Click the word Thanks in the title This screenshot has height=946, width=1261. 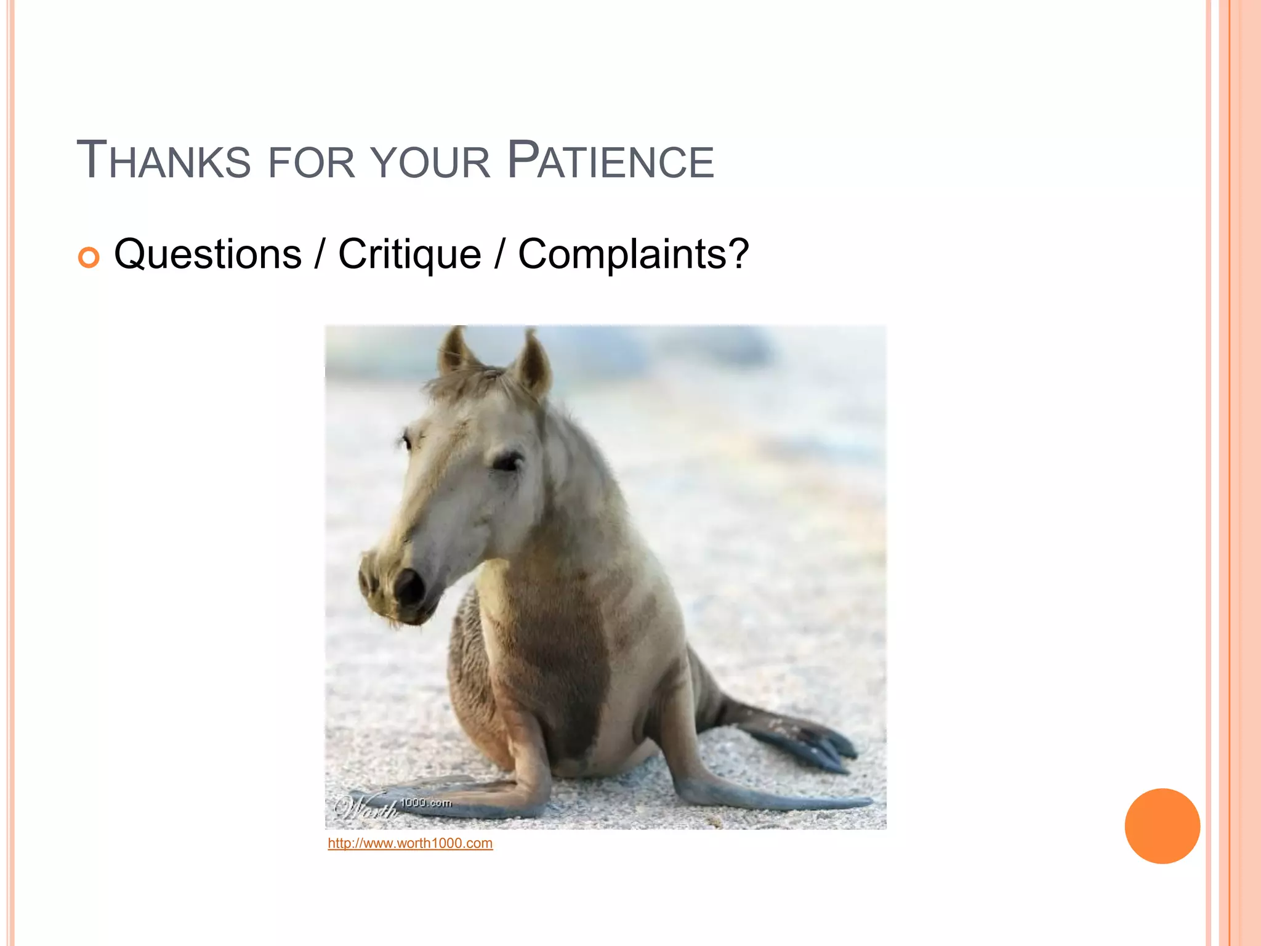pyautogui.click(x=163, y=161)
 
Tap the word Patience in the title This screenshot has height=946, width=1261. pyautogui.click(x=610, y=161)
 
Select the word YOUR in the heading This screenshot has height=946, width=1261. pyautogui.click(x=431, y=163)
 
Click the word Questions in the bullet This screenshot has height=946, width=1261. pyautogui.click(x=207, y=254)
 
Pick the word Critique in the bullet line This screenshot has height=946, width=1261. pyautogui.click(x=409, y=254)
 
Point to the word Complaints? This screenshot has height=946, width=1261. pyautogui.click(x=633, y=254)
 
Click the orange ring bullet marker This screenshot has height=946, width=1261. pyautogui.click(x=89, y=257)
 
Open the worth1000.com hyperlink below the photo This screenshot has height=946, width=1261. pyautogui.click(x=410, y=843)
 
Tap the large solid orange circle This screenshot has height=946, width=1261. pyautogui.click(x=1162, y=826)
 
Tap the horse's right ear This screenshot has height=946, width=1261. pyautogui.click(x=534, y=363)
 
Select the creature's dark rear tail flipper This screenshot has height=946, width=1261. pyautogui.click(x=800, y=739)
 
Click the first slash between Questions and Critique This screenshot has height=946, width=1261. pyautogui.click(x=319, y=254)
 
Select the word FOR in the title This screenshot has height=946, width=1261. pyautogui.click(x=312, y=163)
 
